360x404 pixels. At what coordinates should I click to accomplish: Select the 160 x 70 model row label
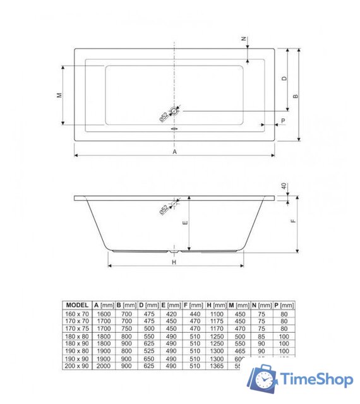[77, 313]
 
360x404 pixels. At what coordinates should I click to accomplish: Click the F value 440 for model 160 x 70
[193, 313]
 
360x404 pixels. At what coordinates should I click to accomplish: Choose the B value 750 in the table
[126, 328]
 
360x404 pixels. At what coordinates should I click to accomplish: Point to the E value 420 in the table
[171, 313]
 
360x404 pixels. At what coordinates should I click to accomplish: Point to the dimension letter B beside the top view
[295, 96]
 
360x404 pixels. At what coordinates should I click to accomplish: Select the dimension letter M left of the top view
[58, 95]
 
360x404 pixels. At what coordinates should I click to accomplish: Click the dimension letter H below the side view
[173, 261]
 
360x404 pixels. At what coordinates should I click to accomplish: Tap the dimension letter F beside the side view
[293, 222]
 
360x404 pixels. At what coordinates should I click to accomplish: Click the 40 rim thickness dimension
[284, 186]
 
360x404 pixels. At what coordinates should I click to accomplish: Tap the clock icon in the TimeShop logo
[264, 379]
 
